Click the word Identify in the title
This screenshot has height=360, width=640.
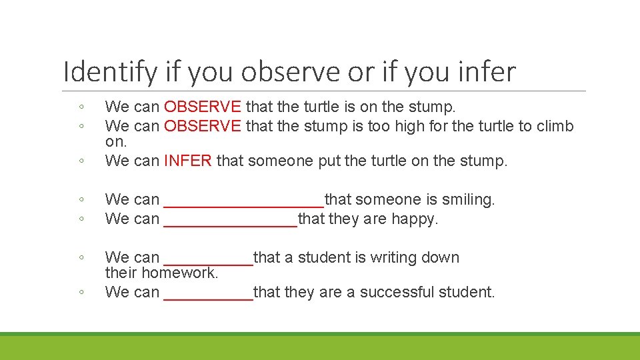110,72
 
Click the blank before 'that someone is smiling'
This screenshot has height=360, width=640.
243,200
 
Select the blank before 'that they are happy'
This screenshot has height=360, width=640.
230,219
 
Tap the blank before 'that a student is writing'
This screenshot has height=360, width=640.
208,258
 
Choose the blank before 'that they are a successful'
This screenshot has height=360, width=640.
208,293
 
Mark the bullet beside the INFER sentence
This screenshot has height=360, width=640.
80,161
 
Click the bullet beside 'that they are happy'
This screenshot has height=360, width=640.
80,219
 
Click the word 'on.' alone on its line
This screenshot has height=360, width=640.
116,142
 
